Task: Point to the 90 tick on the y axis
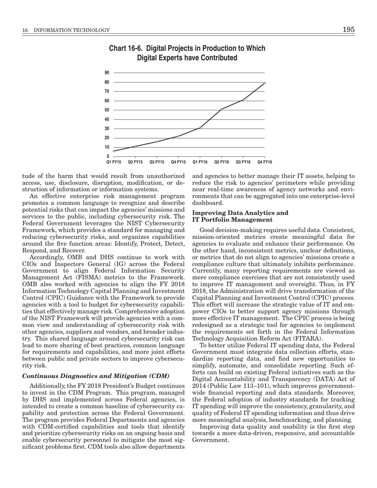107,73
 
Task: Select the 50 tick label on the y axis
107,110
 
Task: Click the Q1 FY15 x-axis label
113,162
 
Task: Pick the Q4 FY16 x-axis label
264,162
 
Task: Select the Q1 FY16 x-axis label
200,162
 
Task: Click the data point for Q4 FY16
265,83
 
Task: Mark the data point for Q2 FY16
221,109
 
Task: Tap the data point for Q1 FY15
114,151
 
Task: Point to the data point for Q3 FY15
157,142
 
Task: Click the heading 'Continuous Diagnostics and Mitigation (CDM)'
96,376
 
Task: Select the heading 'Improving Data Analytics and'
240,213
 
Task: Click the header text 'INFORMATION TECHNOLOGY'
73,30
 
